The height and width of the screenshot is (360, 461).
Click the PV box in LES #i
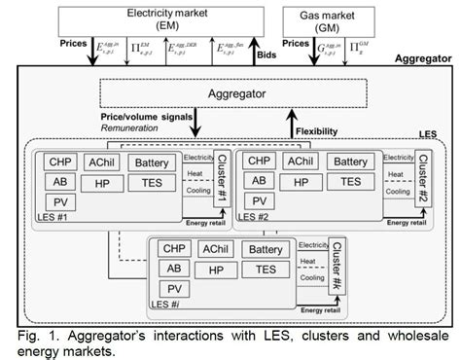tap(174, 290)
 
